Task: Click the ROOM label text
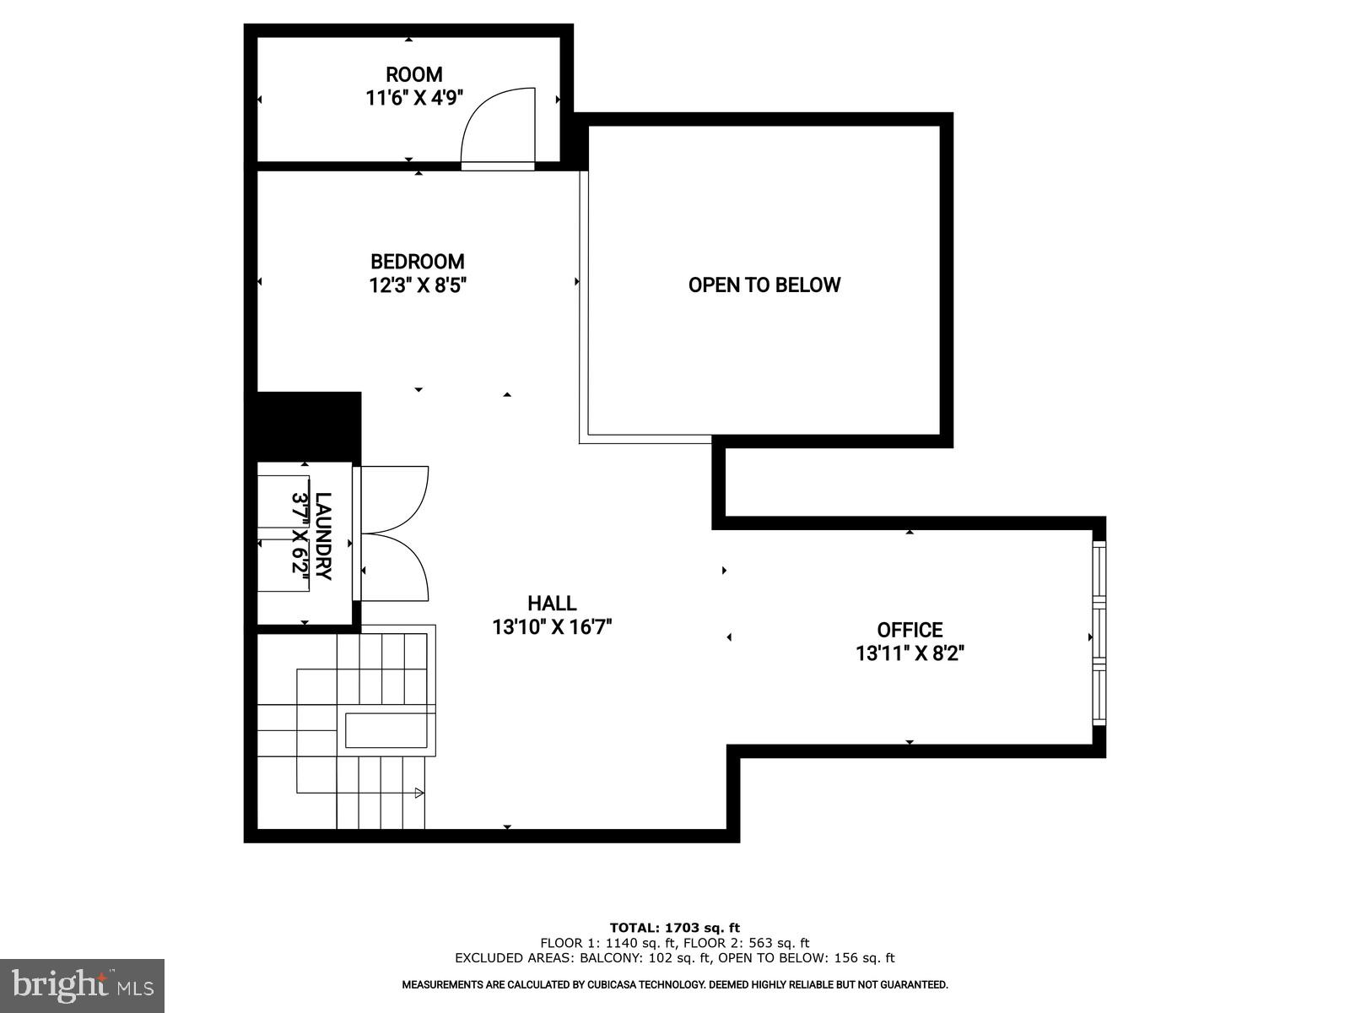click(x=413, y=74)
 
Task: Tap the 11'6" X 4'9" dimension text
click(x=413, y=98)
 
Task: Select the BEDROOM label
click(x=418, y=262)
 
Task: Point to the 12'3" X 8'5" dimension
click(x=418, y=285)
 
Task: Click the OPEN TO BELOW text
click(x=764, y=285)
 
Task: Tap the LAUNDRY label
click(x=322, y=536)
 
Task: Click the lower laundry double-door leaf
click(x=397, y=570)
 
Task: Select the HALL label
click(x=552, y=604)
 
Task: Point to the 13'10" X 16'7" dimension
click(x=552, y=627)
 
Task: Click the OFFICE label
click(x=910, y=630)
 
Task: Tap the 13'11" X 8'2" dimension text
click(x=910, y=653)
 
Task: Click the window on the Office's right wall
click(x=1099, y=633)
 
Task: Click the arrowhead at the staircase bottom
click(x=418, y=793)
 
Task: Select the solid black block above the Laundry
click(x=308, y=426)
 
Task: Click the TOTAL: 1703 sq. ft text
click(x=674, y=928)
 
